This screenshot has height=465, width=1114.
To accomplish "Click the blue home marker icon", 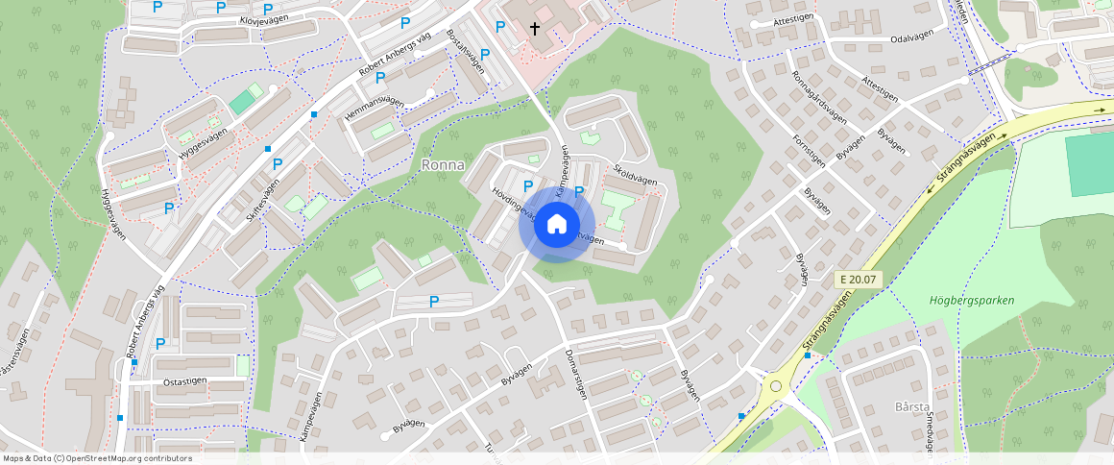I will pos(556,225).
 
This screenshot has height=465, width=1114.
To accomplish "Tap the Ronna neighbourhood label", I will pos(443,165).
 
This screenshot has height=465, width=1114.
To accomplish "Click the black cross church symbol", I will pos(535,30).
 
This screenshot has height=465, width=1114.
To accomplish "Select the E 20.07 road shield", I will pos(858,280).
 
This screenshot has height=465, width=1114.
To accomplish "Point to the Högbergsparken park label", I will pos(971,301).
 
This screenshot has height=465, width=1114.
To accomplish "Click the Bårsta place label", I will pos(913,406).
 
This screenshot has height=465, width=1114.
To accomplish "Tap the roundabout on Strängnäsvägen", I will pos(775,386).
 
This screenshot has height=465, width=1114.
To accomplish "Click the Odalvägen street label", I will pos(912,39).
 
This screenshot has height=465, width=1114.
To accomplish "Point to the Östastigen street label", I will pos(185,380).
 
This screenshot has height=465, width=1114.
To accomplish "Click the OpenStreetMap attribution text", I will pos(96,458).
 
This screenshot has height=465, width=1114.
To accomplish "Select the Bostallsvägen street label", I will pos(464,52).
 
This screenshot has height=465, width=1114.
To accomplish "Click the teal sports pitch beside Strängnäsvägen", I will pos(1089,164).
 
